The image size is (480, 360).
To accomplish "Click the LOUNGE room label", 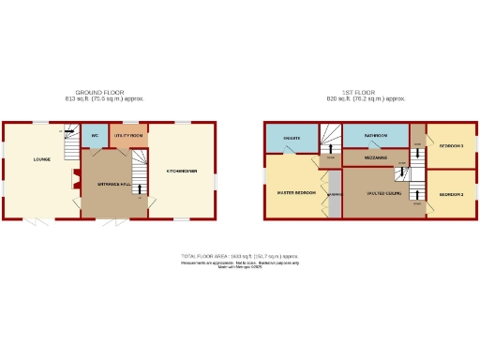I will pos(41,159).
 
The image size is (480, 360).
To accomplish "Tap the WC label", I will pos(96,136).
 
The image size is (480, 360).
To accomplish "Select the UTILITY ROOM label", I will pos(128,136).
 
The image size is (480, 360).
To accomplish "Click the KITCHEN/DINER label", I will pos(182,171).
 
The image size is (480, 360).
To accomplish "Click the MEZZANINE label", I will pos(374,157).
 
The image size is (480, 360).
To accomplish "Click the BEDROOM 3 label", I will pos(451,146).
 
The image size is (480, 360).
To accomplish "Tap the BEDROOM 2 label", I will pos(451,194).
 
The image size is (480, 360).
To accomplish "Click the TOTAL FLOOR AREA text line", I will pos(240,255).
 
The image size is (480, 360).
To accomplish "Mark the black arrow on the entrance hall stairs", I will pos(140,198).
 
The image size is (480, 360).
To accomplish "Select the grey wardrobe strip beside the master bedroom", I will pos(332,200).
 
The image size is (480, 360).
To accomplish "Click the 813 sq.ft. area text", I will pos(104,98).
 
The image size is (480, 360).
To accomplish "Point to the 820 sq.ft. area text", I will pos(365,98).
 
